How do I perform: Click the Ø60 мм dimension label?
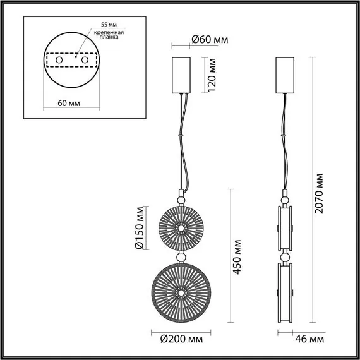click(x=209, y=40)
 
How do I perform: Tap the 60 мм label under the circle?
click(x=68, y=101)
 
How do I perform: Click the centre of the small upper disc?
click(x=181, y=227)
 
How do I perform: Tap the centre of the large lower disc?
click(x=181, y=292)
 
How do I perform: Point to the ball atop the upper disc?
click(x=181, y=199)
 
